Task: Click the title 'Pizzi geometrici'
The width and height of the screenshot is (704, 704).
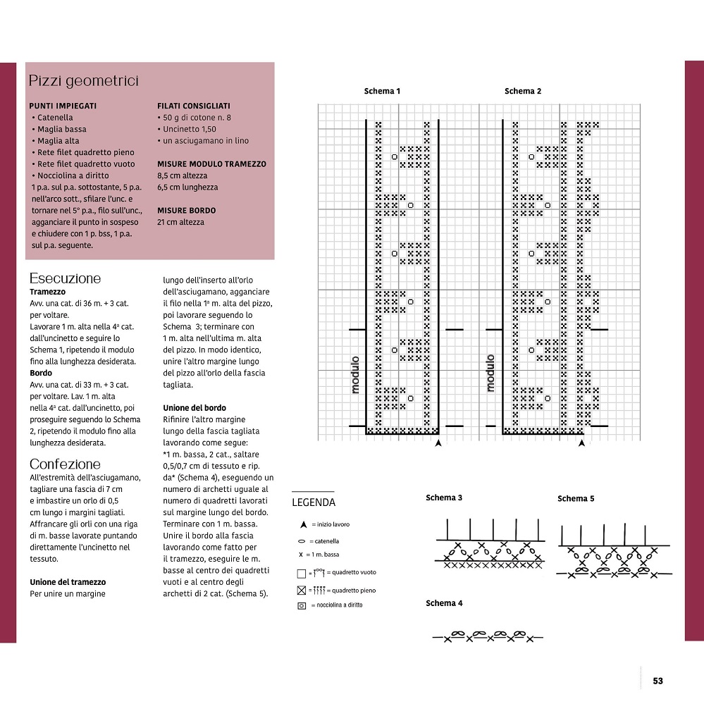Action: pos(83,81)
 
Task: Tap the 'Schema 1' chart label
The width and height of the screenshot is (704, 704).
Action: pos(382,91)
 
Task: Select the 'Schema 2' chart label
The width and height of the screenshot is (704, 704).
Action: pos(523,91)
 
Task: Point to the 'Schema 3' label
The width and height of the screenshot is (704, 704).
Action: pos(444,498)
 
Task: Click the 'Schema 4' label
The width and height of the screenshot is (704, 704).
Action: pos(444,603)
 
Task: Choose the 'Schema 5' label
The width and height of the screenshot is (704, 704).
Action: pos(576,498)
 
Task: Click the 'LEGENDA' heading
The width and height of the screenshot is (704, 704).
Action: pos(314,502)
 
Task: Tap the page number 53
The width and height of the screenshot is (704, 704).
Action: pos(657,681)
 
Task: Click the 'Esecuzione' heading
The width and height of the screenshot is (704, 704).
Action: pos(65,278)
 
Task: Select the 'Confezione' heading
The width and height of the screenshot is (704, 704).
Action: pos(65,464)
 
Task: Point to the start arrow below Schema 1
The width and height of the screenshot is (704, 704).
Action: pos(438,443)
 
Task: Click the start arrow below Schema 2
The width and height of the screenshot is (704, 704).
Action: pos(581,443)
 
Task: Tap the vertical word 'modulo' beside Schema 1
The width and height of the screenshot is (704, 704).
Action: pos(355,374)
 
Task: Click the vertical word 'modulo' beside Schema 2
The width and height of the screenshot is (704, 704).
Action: pos(490,373)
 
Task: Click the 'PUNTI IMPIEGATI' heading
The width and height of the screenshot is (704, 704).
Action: pos(63,106)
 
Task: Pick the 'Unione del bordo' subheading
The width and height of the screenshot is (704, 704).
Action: pos(194,407)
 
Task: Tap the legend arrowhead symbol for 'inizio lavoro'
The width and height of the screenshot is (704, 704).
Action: pos(303,524)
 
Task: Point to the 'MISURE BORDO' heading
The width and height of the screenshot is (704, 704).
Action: pos(186,210)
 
